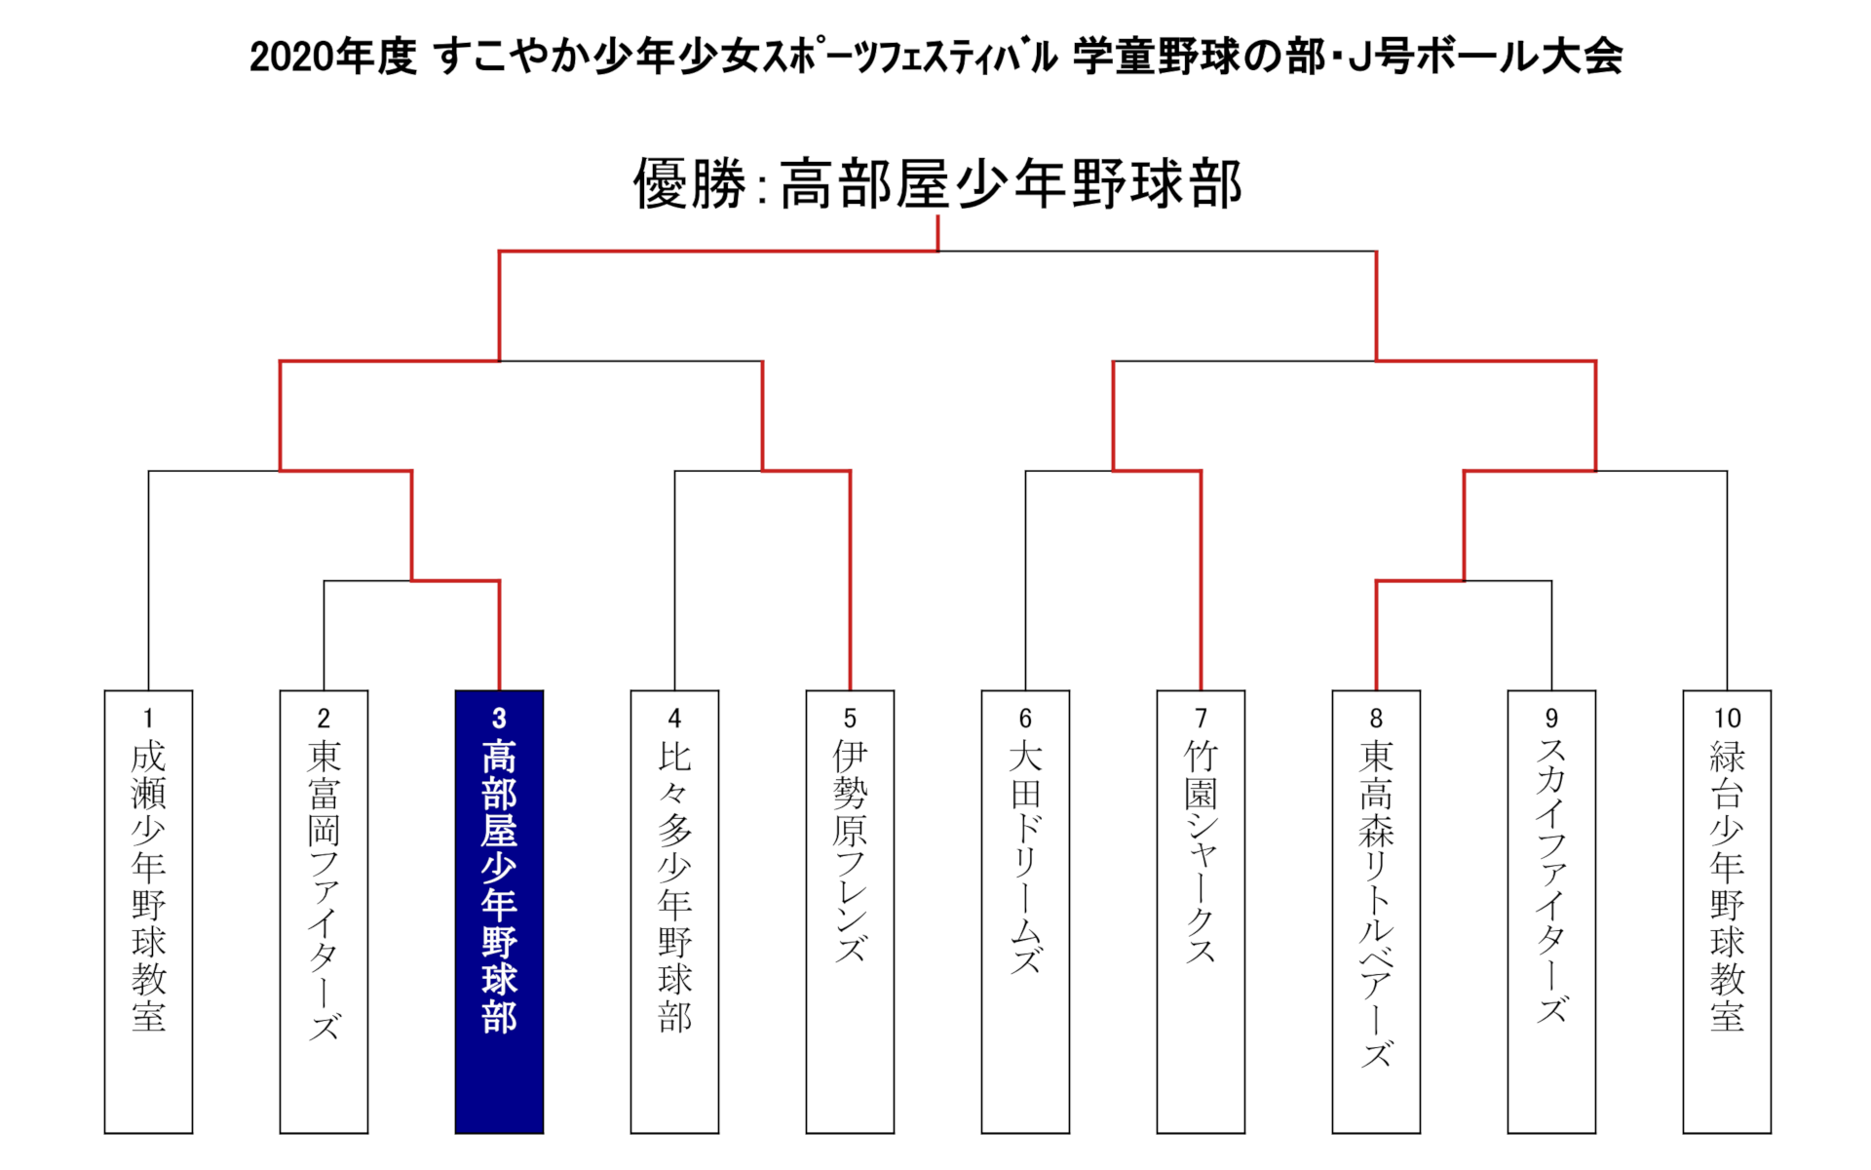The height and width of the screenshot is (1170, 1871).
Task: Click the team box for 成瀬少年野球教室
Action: point(148,912)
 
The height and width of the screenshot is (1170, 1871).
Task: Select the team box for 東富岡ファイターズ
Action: point(324,912)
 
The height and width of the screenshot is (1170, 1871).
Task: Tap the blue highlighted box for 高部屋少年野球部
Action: point(499,912)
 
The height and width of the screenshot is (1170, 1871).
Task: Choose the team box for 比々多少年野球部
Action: point(674,912)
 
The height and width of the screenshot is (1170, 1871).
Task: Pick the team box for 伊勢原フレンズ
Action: point(850,912)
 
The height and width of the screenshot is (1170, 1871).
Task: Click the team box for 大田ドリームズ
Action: point(1025,912)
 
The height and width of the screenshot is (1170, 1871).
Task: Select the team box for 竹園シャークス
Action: point(1201,912)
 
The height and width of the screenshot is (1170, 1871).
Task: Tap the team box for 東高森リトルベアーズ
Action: point(1376,912)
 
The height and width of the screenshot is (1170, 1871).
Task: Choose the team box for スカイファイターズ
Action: point(1551,912)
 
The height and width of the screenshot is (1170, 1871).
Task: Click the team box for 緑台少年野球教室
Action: point(1727,912)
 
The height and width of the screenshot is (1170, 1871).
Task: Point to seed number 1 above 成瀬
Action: point(148,719)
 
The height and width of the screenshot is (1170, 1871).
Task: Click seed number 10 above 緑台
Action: point(1727,719)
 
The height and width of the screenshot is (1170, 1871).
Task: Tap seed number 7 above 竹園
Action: point(1201,719)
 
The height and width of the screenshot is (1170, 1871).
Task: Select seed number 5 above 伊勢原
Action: point(850,719)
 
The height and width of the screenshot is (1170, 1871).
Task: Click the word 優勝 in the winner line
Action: point(689,183)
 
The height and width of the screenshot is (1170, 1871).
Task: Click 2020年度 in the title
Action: point(332,57)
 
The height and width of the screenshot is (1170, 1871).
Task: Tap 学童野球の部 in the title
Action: point(1199,57)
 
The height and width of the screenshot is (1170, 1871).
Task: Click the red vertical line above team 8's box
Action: point(1376,636)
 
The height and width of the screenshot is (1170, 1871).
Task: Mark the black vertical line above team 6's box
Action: point(1025,581)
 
